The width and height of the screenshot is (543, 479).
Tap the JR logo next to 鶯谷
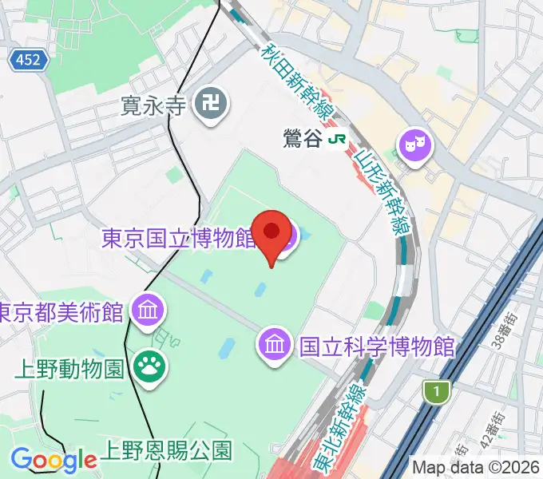(338, 138)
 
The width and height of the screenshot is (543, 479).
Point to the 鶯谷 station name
(302, 138)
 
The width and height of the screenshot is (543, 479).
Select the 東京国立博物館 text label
(177, 239)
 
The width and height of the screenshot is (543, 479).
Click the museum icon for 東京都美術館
(148, 309)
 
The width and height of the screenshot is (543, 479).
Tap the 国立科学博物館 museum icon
(274, 346)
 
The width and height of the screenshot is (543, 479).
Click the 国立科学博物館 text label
(375, 346)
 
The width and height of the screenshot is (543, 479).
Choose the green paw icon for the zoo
(148, 368)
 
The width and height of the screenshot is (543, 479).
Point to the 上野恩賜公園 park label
(165, 449)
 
